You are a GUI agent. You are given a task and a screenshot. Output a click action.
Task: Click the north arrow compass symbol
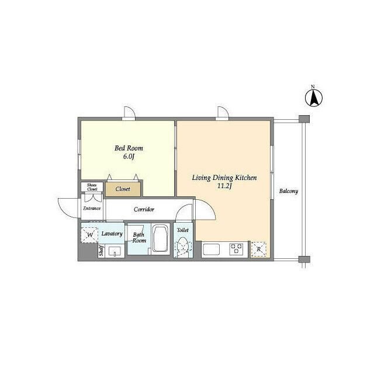(314, 98)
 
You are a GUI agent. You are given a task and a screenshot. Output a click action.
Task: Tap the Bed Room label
(129, 148)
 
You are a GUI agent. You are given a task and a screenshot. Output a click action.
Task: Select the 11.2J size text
(224, 186)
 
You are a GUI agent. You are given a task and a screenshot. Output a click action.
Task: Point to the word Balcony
(289, 191)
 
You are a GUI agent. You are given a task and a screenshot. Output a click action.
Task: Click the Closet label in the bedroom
(123, 189)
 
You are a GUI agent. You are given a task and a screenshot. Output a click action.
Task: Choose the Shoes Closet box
(92, 187)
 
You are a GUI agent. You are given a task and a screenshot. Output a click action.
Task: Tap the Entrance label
(92, 208)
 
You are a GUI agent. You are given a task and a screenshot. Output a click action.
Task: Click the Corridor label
(144, 209)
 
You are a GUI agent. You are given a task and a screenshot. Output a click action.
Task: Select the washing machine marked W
(89, 235)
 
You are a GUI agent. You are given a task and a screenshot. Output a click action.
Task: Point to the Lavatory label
(112, 234)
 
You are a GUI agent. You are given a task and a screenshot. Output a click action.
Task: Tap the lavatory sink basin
(116, 251)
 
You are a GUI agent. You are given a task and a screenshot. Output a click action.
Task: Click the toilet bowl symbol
(183, 247)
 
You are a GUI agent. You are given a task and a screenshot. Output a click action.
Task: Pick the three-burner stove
(236, 249)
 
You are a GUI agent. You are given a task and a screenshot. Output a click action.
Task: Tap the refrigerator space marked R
(259, 250)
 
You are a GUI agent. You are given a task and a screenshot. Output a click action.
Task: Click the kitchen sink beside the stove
(212, 250)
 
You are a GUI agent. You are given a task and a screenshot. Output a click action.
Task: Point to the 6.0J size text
(129, 157)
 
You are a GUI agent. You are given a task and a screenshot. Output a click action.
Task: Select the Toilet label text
(183, 230)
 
